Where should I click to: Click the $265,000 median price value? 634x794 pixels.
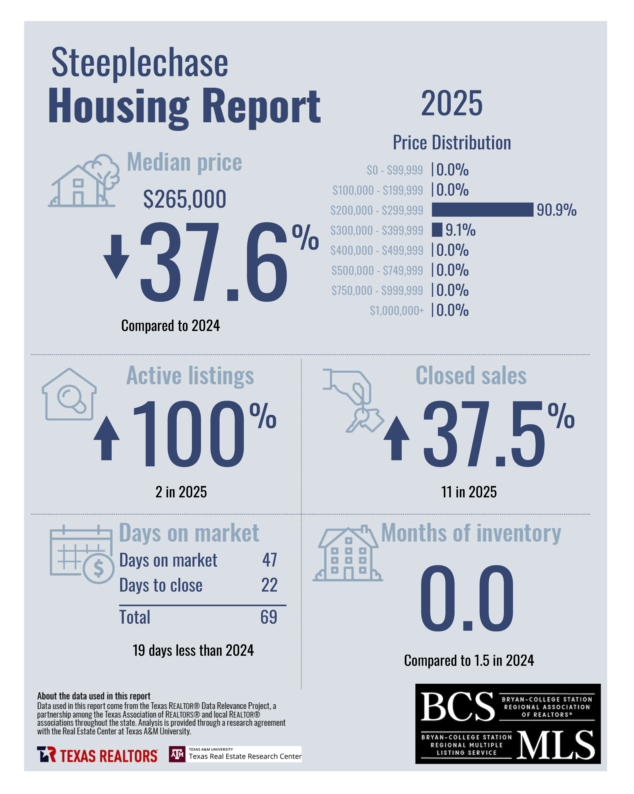[x=185, y=199]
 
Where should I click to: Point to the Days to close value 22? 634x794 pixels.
[x=269, y=585]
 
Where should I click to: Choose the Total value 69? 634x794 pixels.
[x=269, y=617]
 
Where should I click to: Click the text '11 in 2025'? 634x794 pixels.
[x=469, y=492]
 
